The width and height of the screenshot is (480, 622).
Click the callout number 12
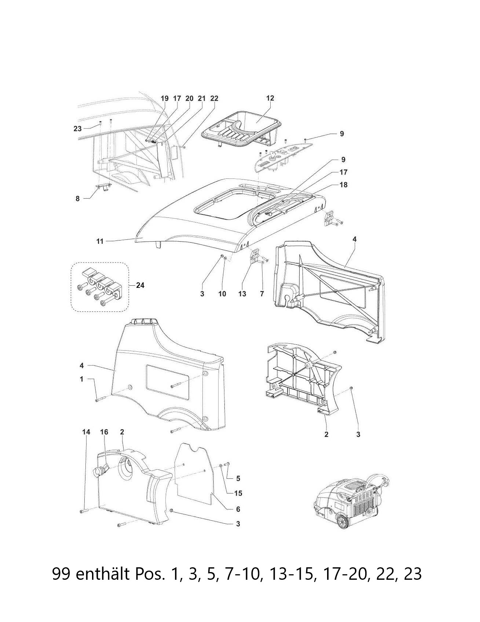click(x=270, y=98)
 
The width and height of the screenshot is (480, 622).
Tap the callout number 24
click(x=140, y=285)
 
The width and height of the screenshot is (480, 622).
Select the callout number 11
click(x=100, y=241)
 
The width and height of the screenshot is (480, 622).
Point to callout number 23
click(x=77, y=129)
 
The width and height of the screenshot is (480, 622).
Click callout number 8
click(x=77, y=199)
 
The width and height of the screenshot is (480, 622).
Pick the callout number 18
click(x=344, y=185)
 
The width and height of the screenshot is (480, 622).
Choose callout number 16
click(x=104, y=432)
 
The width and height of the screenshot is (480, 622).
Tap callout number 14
click(x=86, y=432)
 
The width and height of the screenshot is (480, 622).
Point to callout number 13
click(x=242, y=294)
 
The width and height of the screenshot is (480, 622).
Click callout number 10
click(x=222, y=294)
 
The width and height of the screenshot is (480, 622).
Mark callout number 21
click(x=202, y=98)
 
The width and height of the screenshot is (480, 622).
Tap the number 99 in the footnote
click(x=61, y=574)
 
